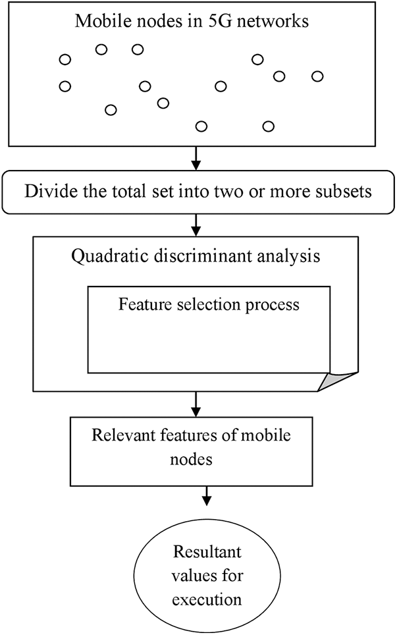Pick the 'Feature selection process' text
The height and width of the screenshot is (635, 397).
pyautogui.click(x=209, y=305)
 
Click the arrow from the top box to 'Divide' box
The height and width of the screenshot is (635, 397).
pyautogui.click(x=196, y=157)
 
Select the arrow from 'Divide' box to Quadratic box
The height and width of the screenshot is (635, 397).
pyautogui.click(x=196, y=225)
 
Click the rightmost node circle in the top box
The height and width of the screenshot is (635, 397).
pyautogui.click(x=317, y=76)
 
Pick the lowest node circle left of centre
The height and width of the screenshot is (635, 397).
pyautogui.click(x=201, y=126)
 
